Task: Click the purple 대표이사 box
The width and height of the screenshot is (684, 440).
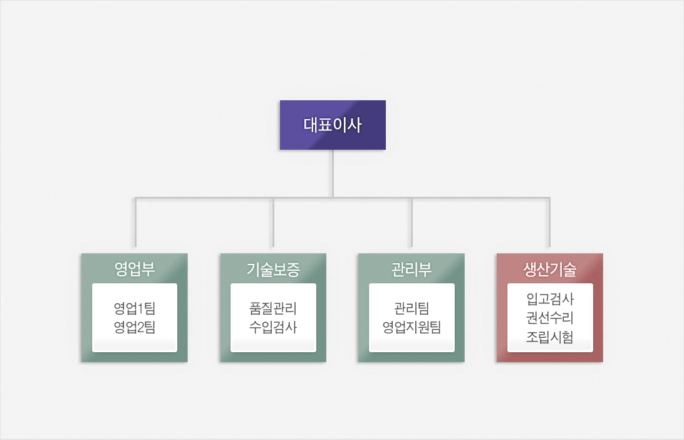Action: pos(333,125)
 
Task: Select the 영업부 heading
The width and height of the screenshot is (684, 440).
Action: pos(134,269)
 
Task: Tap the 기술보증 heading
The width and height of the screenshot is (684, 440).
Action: pos(273,270)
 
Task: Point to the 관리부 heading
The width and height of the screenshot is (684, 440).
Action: pos(412,269)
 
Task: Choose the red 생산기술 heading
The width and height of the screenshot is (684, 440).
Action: pos(550,270)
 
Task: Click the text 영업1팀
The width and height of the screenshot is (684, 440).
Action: pos(134,308)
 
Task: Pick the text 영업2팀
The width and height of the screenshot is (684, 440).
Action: pos(134,327)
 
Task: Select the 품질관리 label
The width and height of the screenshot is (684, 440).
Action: pos(273,308)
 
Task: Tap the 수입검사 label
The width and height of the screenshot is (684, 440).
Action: pos(273,327)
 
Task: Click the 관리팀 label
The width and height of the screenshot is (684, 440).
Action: pos(412,308)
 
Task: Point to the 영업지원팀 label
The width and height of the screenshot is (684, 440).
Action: pos(412,327)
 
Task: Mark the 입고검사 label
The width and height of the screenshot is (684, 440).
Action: pos(550,299)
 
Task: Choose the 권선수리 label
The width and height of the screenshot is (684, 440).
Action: pos(550,318)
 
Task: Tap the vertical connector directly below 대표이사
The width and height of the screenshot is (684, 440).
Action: pos(333,174)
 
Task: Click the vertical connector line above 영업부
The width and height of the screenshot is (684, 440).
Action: pos(136,222)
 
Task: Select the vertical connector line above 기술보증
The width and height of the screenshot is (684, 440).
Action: pos(273,222)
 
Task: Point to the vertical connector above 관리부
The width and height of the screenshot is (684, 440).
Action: pos(412,222)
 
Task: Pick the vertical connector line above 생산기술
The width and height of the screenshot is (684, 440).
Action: pos(549,222)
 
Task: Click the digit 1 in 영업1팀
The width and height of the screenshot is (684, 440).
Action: pos(140,308)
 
